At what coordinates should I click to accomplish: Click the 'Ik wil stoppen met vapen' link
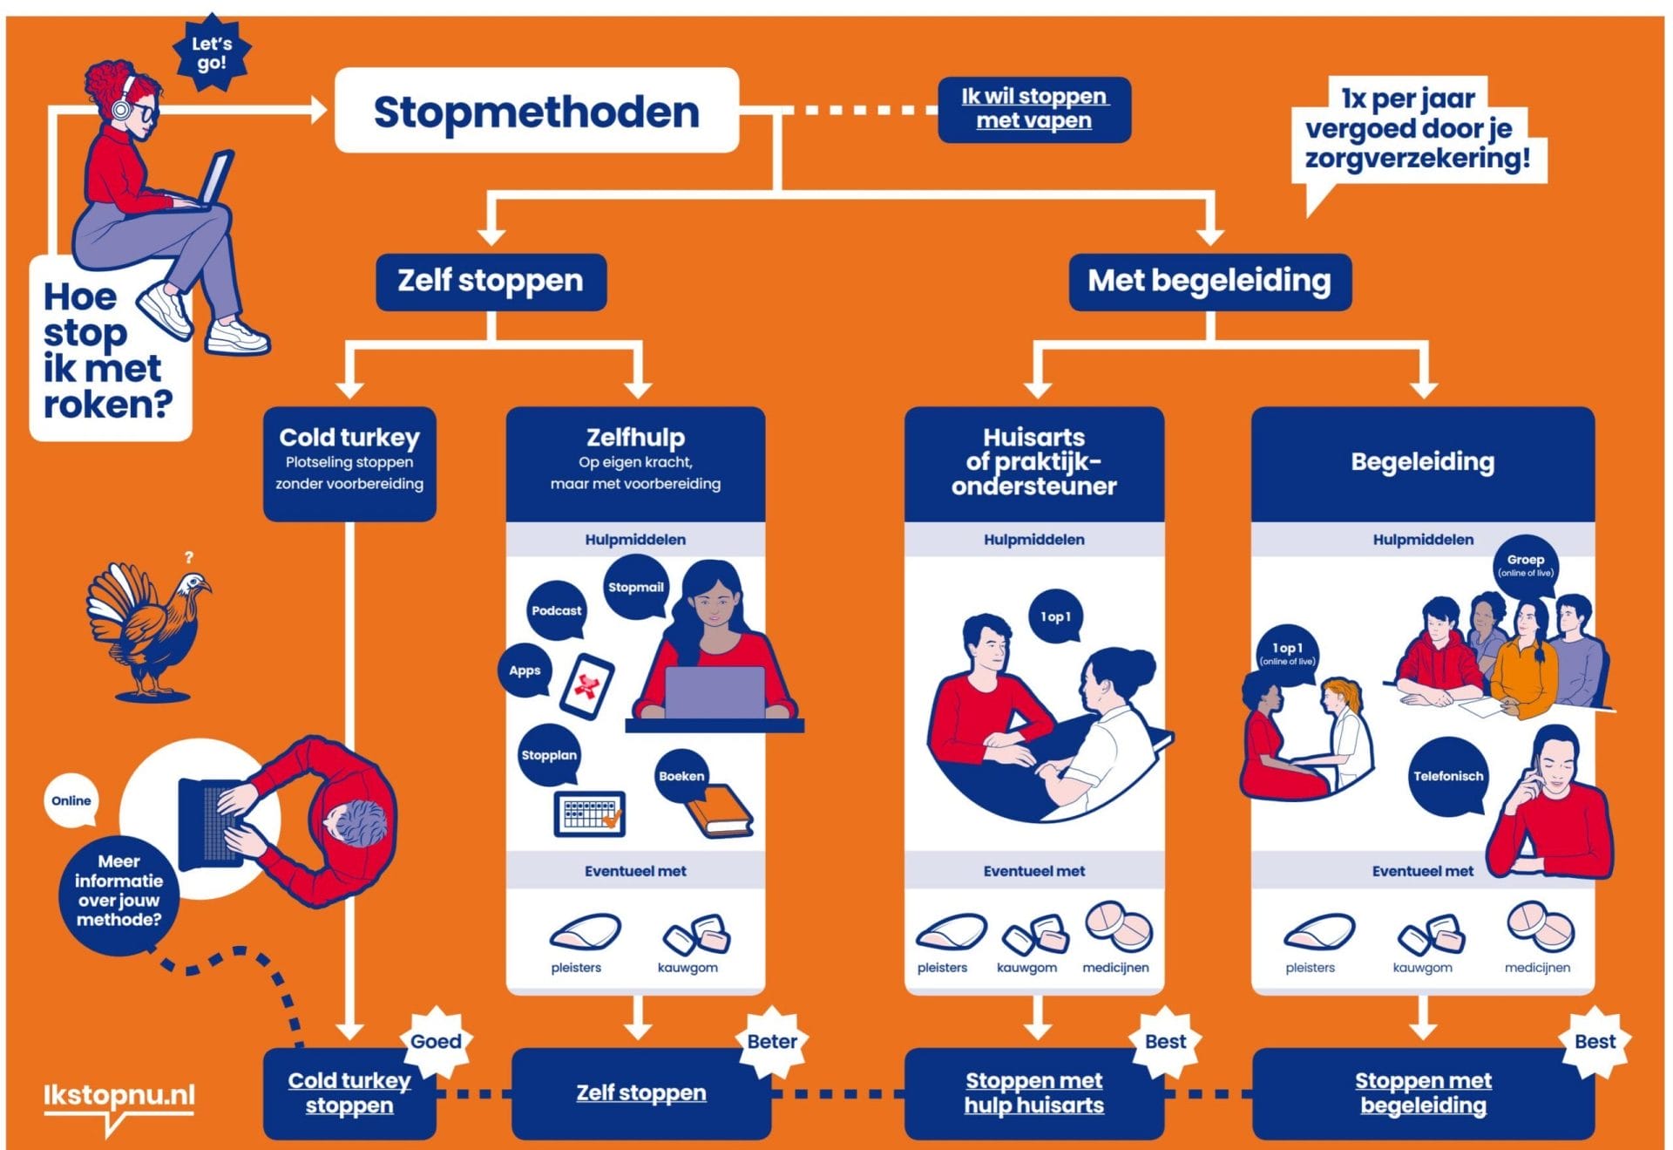(1034, 109)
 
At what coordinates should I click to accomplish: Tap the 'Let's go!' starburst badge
(212, 53)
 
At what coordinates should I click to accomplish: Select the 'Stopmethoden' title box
(537, 111)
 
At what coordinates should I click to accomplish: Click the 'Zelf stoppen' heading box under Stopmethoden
(491, 281)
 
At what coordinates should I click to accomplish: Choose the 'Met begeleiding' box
(1209, 281)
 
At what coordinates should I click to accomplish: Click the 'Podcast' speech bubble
(556, 610)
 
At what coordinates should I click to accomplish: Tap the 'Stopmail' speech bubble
(635, 588)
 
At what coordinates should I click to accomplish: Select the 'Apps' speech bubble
(525, 670)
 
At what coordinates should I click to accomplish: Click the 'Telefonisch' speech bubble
(1447, 776)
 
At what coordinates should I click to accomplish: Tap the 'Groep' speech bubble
(1525, 565)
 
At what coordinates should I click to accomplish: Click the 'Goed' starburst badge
(436, 1041)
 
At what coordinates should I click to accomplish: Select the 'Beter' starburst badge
(772, 1041)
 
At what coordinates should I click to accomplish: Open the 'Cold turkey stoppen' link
(349, 1092)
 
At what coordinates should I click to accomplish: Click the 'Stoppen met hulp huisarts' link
(1033, 1092)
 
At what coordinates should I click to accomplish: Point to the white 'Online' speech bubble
(71, 800)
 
